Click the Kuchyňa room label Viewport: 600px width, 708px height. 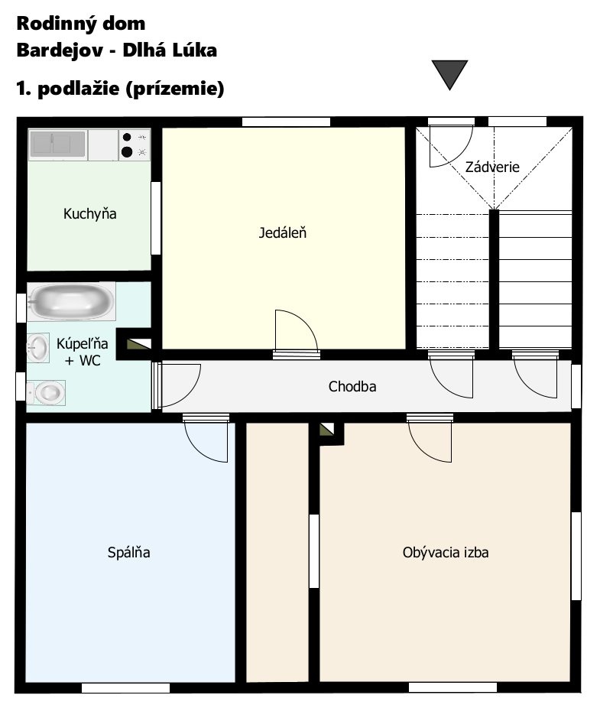coord(90,213)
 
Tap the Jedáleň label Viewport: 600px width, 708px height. coord(283,232)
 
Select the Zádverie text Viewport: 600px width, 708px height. coord(492,167)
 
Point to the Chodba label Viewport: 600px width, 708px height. coord(352,387)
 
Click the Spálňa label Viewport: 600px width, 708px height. coord(128,552)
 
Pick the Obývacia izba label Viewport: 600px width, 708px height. coord(446,552)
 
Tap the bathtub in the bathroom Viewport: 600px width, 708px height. coord(71,301)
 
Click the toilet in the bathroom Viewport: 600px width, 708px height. coord(46,392)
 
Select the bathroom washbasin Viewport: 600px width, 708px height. coord(38,348)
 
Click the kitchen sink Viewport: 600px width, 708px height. coord(57,144)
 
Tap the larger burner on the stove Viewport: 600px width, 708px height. coord(127,151)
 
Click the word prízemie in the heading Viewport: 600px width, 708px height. coord(174,89)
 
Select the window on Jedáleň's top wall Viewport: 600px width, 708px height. coord(286,122)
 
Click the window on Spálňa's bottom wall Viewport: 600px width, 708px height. coord(125,687)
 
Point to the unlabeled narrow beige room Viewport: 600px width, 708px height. coord(277,552)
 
